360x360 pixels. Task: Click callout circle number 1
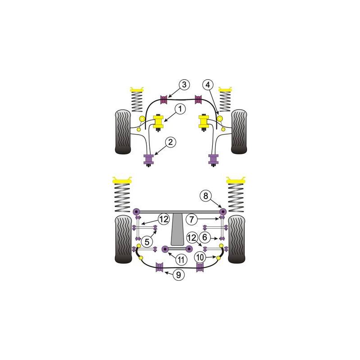180,109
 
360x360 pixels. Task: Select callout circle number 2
171,142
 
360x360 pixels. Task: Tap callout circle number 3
184,85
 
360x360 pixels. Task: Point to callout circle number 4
208,85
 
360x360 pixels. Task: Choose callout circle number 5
147,242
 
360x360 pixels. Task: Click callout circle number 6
205,238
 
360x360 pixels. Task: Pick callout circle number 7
192,219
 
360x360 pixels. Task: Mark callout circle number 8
206,196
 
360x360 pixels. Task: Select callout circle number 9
178,274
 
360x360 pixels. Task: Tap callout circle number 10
200,257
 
